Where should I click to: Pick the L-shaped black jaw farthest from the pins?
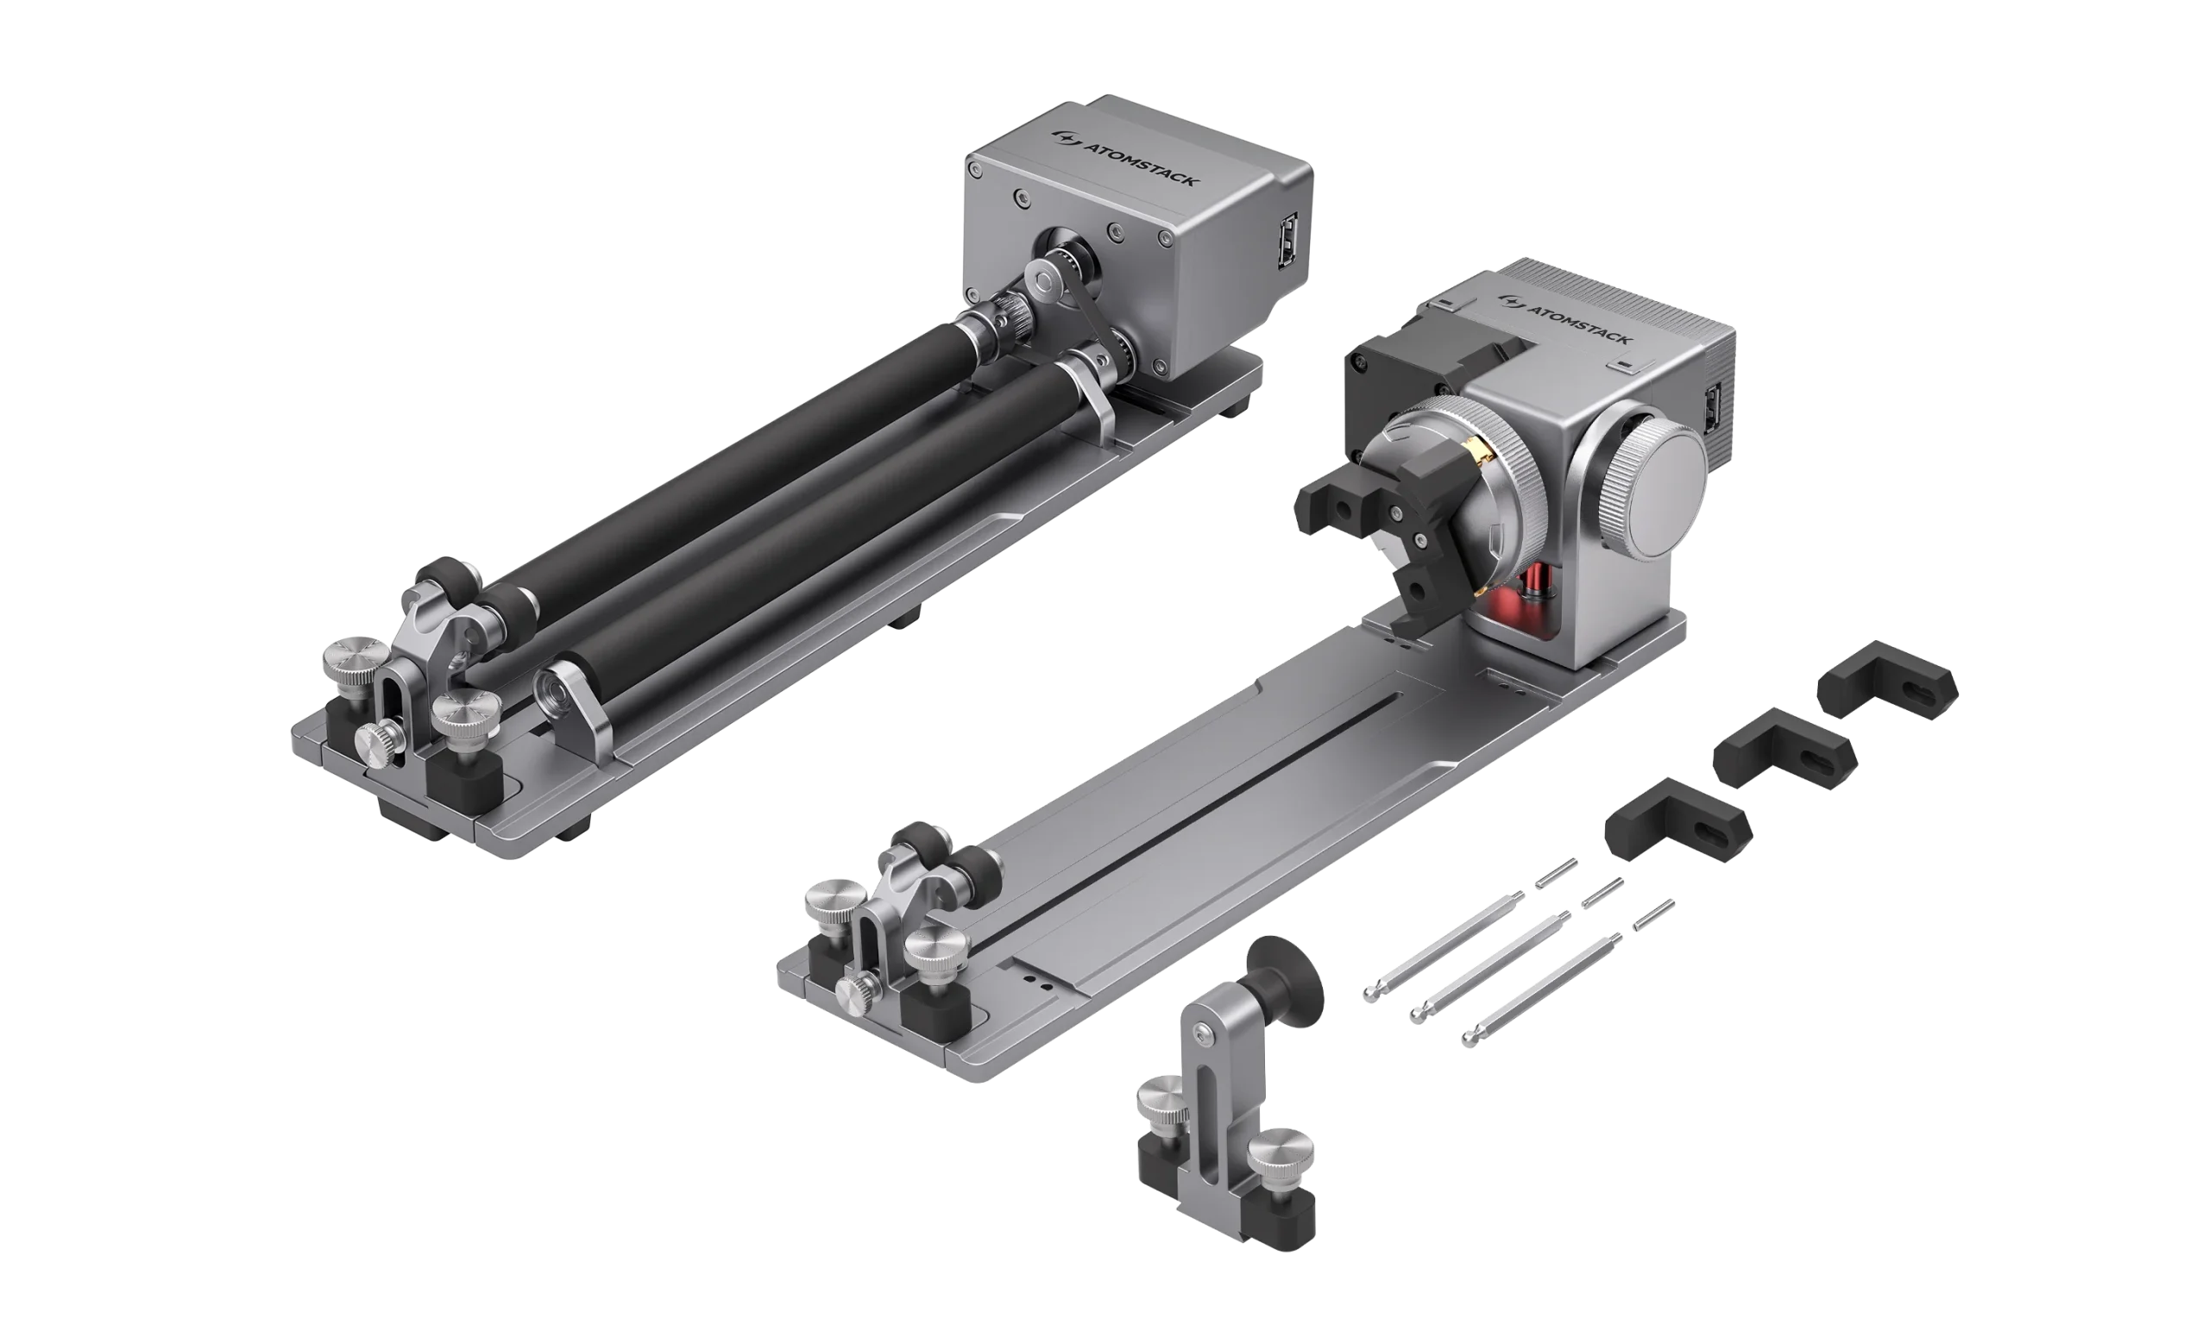(1887, 680)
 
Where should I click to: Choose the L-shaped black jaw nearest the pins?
(1677, 820)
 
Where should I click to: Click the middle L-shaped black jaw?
(1784, 749)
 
